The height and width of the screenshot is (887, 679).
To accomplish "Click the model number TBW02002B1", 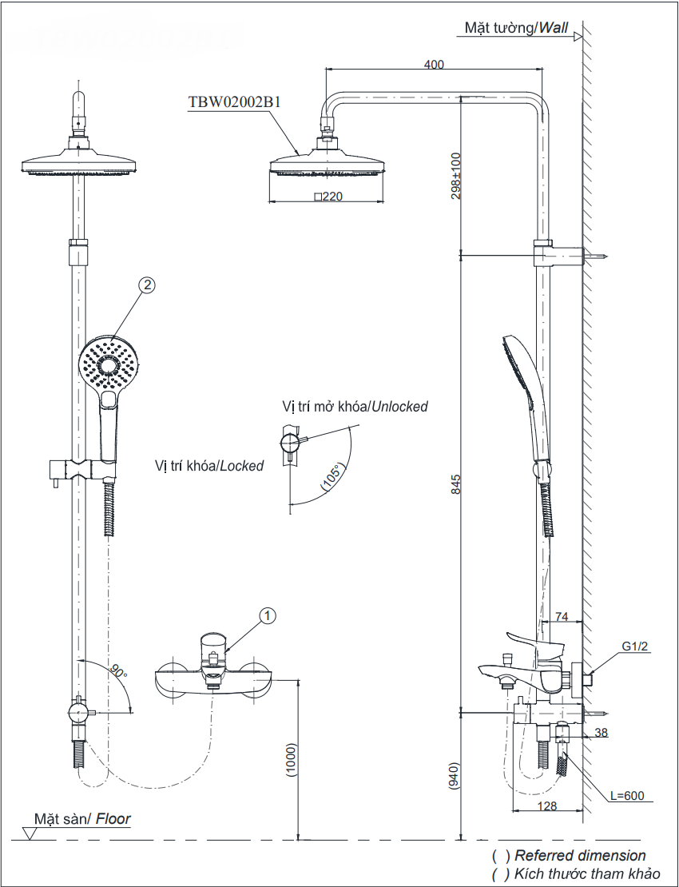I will click(x=233, y=102).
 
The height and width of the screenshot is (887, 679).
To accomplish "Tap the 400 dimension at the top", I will click(x=435, y=65).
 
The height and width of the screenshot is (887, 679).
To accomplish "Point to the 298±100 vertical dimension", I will click(x=456, y=176).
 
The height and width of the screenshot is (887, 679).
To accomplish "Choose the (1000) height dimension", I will click(x=292, y=762).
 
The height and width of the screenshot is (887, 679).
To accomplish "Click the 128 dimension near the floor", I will click(x=547, y=806).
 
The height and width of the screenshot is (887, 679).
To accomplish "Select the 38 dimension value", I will click(x=602, y=732).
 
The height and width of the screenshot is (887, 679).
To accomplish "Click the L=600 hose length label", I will click(x=626, y=796).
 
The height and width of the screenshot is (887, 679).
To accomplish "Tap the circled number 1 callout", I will click(x=268, y=615).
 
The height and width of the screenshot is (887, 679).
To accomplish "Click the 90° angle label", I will click(x=119, y=672).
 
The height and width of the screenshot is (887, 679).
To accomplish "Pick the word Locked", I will click(x=241, y=466).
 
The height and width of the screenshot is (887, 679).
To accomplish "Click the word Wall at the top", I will click(x=553, y=28).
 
